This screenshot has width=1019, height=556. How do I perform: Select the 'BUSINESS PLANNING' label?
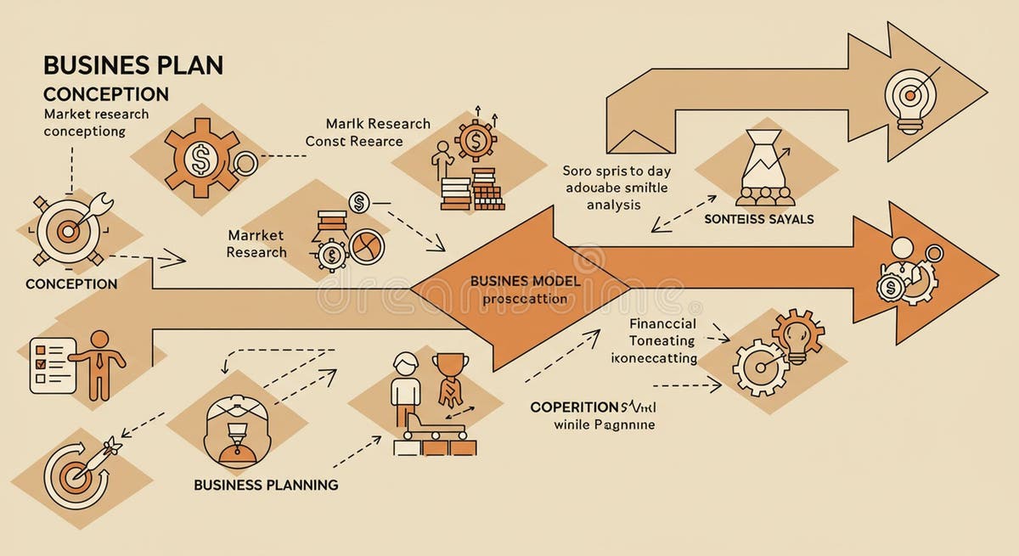click(266, 485)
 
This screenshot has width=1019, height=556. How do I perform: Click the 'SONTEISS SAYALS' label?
click(758, 219)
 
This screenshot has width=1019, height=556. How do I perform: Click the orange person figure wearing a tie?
click(99, 362)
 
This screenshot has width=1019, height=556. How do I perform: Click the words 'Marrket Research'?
click(256, 243)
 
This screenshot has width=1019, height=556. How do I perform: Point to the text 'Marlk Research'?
click(378, 124)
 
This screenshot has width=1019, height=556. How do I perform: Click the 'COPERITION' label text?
click(573, 407)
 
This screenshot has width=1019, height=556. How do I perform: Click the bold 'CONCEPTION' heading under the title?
click(105, 93)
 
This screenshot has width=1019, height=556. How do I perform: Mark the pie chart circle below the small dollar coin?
click(366, 246)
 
